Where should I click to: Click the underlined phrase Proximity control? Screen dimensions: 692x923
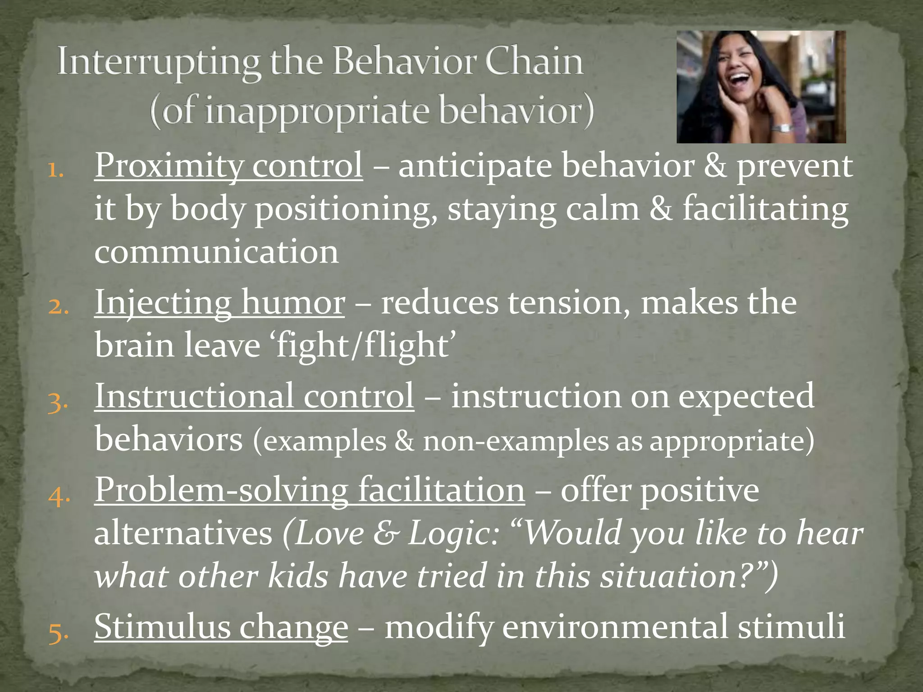point(228,166)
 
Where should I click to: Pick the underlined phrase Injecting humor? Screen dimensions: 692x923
point(219,302)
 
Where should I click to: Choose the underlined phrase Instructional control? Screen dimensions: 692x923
point(254,396)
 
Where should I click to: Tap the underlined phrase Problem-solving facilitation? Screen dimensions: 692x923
point(310,490)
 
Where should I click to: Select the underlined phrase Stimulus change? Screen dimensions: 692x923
point(221,627)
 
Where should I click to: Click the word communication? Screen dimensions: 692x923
point(216,252)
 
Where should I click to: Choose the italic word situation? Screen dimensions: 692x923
point(674,576)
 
